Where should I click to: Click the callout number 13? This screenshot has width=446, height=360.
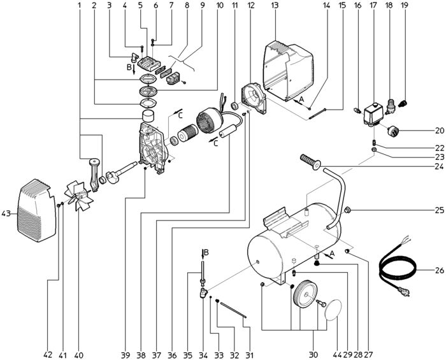(275, 5)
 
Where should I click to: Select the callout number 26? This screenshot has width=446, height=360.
(439, 270)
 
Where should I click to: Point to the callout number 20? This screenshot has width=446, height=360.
(439, 131)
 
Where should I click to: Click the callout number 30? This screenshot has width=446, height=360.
(313, 355)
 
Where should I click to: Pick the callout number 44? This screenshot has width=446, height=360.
(337, 355)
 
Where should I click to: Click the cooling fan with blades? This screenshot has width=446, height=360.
(79, 196)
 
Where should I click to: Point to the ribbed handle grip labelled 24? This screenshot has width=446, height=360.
(311, 161)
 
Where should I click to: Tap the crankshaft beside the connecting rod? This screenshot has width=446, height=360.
(122, 173)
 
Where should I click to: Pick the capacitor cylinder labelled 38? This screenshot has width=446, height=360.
(227, 133)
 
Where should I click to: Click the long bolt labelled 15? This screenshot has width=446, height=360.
(317, 115)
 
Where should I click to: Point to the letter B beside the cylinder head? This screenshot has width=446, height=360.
(129, 68)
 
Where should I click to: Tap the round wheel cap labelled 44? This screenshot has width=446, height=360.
(333, 310)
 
